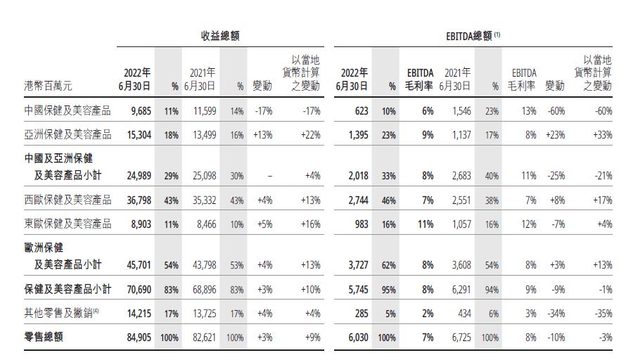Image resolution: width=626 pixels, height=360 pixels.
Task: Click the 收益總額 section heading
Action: point(219,35)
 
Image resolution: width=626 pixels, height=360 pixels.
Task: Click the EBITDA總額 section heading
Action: point(469,35)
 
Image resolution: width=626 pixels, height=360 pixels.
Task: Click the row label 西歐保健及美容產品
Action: point(68,200)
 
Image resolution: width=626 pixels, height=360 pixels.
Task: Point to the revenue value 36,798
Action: point(137,200)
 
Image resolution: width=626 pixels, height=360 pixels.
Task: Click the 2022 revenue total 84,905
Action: point(137,337)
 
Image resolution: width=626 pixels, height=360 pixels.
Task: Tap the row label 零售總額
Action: point(43,337)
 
